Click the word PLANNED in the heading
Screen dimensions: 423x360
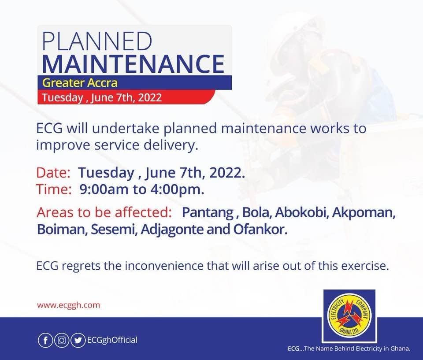pos(97,41)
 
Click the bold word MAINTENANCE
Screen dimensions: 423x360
pos(133,64)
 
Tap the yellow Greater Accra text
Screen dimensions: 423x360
pos(80,83)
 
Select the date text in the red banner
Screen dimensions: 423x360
pos(102,97)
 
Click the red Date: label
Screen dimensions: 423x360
pos(53,173)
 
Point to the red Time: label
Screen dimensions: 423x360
pos(54,189)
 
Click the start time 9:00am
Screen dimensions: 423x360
pos(104,189)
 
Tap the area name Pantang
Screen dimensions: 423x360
pos(208,213)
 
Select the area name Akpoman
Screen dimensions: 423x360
pos(364,213)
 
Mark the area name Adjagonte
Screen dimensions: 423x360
pos(172,230)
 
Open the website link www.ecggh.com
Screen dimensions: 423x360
pos(69,305)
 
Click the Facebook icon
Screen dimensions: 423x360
pos(45,341)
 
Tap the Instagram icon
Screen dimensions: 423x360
pos(62,341)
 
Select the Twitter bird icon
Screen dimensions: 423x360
pos(78,341)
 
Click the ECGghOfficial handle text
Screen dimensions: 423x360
pos(112,340)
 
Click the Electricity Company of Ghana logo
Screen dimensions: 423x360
pos(349,316)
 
